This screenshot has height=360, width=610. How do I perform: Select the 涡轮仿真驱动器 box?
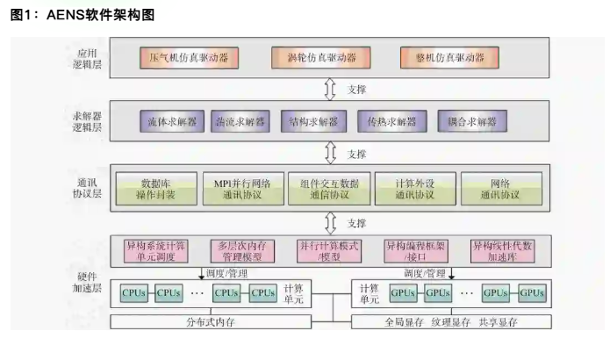click(x=321, y=58)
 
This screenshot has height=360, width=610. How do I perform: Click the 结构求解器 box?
click(x=313, y=121)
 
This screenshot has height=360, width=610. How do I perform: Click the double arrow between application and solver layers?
click(x=331, y=90)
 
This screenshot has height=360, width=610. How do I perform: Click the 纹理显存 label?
click(x=451, y=321)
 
